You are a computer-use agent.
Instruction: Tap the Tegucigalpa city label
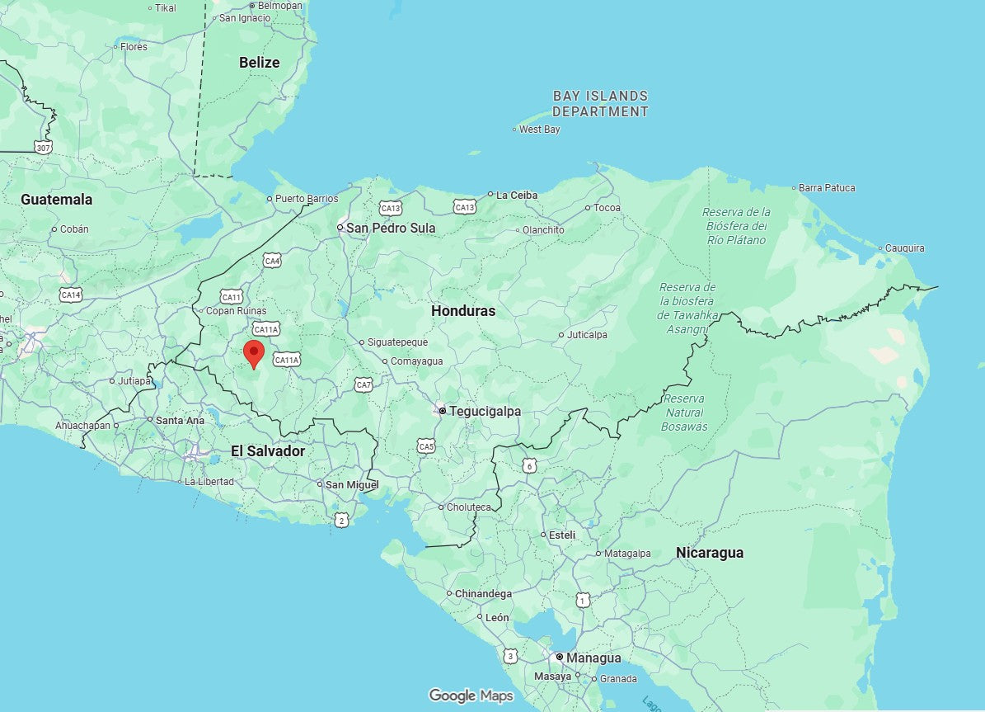point(485,411)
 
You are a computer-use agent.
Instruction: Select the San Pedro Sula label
point(390,228)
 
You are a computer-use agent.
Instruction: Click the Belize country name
point(260,62)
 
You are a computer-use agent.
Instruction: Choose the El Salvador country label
point(267,451)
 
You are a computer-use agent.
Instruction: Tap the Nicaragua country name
point(709,553)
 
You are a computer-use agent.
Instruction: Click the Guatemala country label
point(56,200)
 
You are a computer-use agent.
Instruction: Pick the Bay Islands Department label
point(600,104)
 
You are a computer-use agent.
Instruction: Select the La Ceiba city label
point(517,196)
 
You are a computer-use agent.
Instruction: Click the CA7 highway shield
point(364,384)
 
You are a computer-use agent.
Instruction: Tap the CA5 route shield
point(426,446)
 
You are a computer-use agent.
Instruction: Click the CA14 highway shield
point(71,295)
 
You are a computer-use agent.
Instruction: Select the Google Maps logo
point(471,695)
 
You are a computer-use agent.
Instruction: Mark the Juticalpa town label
point(587,335)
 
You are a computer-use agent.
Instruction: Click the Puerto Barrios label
point(306,199)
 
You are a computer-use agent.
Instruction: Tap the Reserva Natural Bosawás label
point(684,413)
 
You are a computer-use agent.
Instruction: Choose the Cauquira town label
point(904,248)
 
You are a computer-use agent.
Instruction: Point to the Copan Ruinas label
point(236,311)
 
